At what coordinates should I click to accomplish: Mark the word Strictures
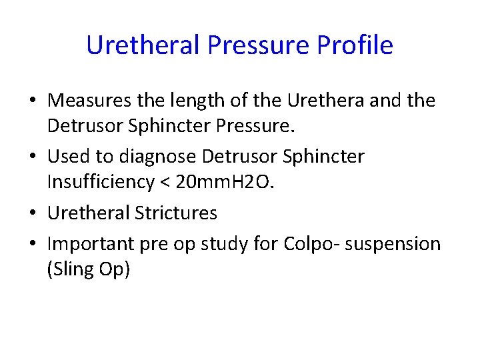coord(176,213)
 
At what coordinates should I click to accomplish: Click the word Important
coord(92,244)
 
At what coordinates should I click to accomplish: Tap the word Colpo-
coord(315,244)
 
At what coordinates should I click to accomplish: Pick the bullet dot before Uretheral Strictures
coord(33,213)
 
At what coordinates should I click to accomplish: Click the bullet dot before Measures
coord(33,101)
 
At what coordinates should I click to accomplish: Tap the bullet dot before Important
coord(33,243)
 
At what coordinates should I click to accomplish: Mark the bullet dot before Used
coord(33,157)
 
